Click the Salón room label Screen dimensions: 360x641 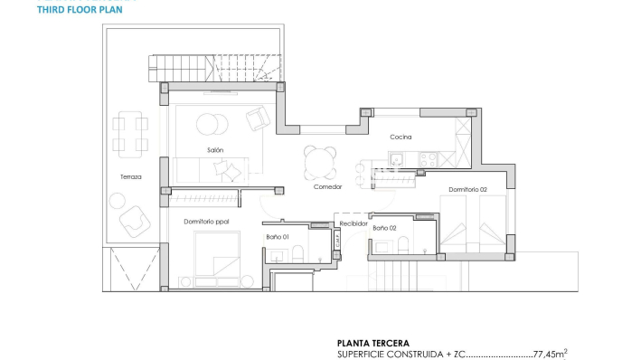[x=214, y=150]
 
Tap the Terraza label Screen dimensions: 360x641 [x=130, y=176]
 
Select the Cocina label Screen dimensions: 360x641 [x=401, y=137]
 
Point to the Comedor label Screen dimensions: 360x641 [x=327, y=186]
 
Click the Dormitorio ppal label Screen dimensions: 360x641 [x=206, y=221]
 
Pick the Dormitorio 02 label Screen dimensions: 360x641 [x=467, y=189]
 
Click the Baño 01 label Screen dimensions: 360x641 [x=277, y=237]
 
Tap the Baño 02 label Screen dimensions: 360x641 [x=384, y=228]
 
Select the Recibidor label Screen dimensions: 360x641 [x=353, y=222]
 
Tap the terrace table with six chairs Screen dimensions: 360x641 [x=129, y=133]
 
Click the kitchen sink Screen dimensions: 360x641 [x=395, y=157]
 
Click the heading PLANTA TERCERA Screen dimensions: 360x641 [x=372, y=344]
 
